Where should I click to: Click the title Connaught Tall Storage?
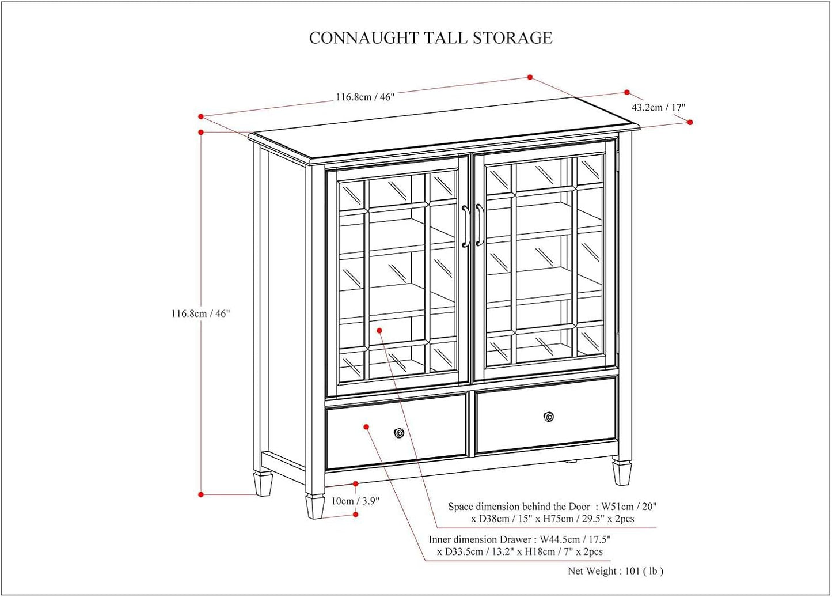(x=431, y=38)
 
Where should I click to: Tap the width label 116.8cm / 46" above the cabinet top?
(x=365, y=97)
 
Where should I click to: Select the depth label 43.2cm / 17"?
(x=658, y=107)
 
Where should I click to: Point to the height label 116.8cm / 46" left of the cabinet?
(x=200, y=313)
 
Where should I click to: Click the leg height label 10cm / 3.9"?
(x=355, y=501)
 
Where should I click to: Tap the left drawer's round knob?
(x=398, y=433)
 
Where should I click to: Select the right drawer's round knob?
(x=549, y=417)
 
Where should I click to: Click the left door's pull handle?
(x=465, y=226)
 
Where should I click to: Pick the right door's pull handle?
(x=479, y=225)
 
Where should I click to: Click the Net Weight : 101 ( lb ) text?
(x=616, y=571)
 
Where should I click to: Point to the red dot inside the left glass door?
(x=379, y=330)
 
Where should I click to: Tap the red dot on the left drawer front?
(x=366, y=426)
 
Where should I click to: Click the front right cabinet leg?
(x=621, y=471)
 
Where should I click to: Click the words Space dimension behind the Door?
(x=519, y=507)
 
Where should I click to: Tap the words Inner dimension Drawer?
(x=480, y=539)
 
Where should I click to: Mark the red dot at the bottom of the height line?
(x=201, y=494)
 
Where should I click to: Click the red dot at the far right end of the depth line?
(x=690, y=122)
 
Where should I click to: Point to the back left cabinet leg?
(x=264, y=483)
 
